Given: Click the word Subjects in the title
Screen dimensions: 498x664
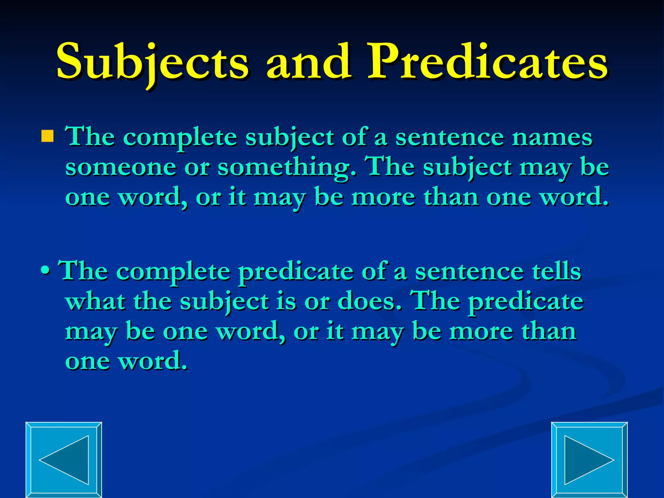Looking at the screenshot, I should pos(152,62).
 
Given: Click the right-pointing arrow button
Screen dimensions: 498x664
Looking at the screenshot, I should pos(589,460).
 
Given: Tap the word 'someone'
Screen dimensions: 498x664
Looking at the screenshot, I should pos(121,167).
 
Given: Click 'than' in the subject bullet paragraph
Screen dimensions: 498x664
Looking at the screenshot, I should pos(451,197).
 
